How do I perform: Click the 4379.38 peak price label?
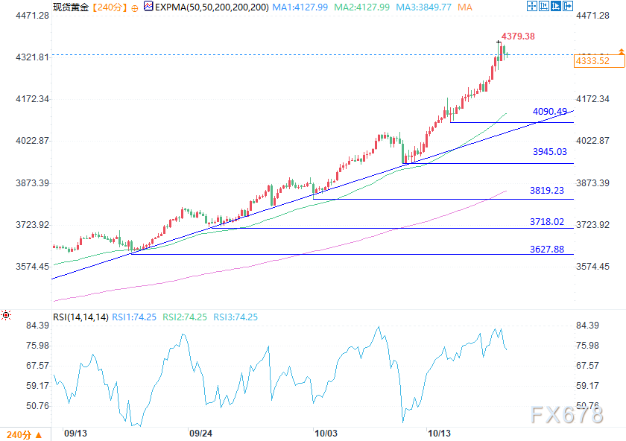click(x=518, y=36)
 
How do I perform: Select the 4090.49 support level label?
click(x=549, y=112)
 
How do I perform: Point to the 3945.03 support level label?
click(x=549, y=152)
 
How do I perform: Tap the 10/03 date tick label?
click(x=326, y=432)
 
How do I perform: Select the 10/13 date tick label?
click(x=439, y=432)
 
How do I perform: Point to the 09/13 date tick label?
click(x=76, y=432)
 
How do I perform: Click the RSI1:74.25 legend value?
click(x=134, y=317)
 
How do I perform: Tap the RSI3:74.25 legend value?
click(x=235, y=317)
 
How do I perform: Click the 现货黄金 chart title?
click(x=71, y=7)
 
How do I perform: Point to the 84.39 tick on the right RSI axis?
click(x=588, y=326)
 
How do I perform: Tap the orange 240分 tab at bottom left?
click(x=19, y=434)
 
